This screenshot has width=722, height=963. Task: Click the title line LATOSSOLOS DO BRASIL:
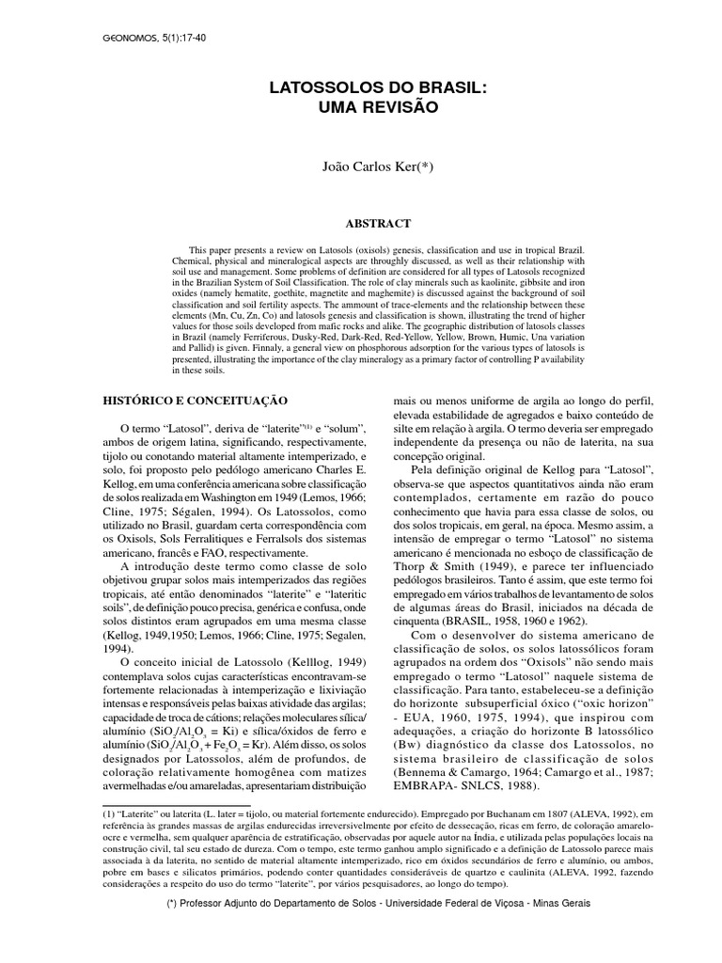pyautogui.click(x=379, y=87)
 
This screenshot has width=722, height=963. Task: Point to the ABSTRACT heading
pyautogui.click(x=379, y=224)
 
